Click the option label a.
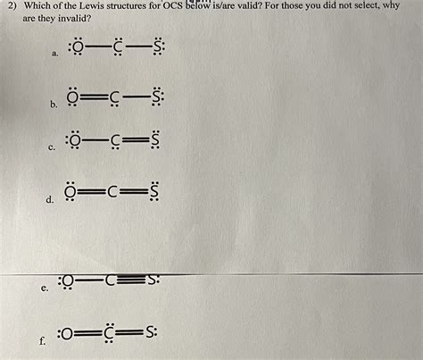click(56, 55)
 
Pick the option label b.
click(55, 105)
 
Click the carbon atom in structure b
click(117, 96)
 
